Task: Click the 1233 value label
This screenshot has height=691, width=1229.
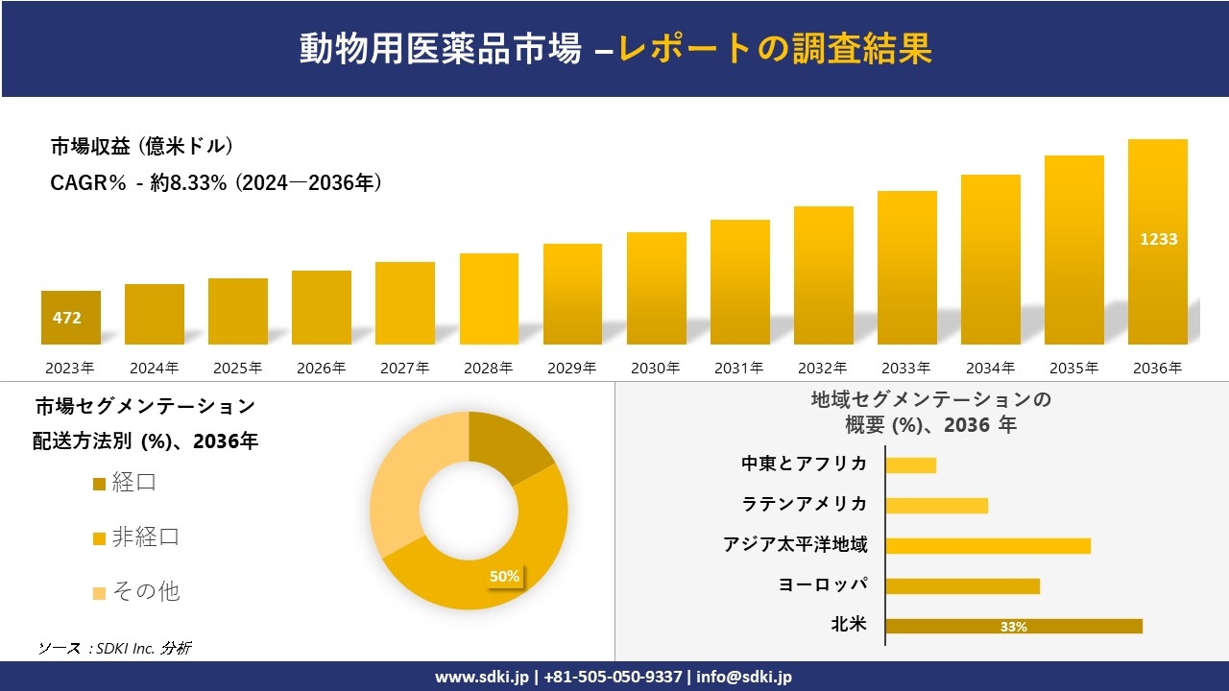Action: (1158, 239)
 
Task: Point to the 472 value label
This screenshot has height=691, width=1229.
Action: (67, 318)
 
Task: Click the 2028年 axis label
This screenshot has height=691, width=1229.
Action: (488, 368)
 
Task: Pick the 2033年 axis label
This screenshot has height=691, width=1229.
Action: (905, 368)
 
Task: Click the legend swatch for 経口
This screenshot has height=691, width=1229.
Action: (99, 484)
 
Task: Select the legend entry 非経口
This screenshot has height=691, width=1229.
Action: (145, 537)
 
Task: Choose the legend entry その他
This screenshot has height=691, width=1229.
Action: (145, 591)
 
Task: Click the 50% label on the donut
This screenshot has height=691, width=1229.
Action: (504, 576)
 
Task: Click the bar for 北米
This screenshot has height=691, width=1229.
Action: (1013, 626)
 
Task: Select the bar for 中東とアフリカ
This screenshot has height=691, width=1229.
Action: (910, 465)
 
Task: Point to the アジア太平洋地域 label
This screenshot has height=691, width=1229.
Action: (795, 545)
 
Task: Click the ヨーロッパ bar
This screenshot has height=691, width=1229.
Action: (962, 585)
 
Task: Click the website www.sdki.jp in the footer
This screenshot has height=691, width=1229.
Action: (481, 677)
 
